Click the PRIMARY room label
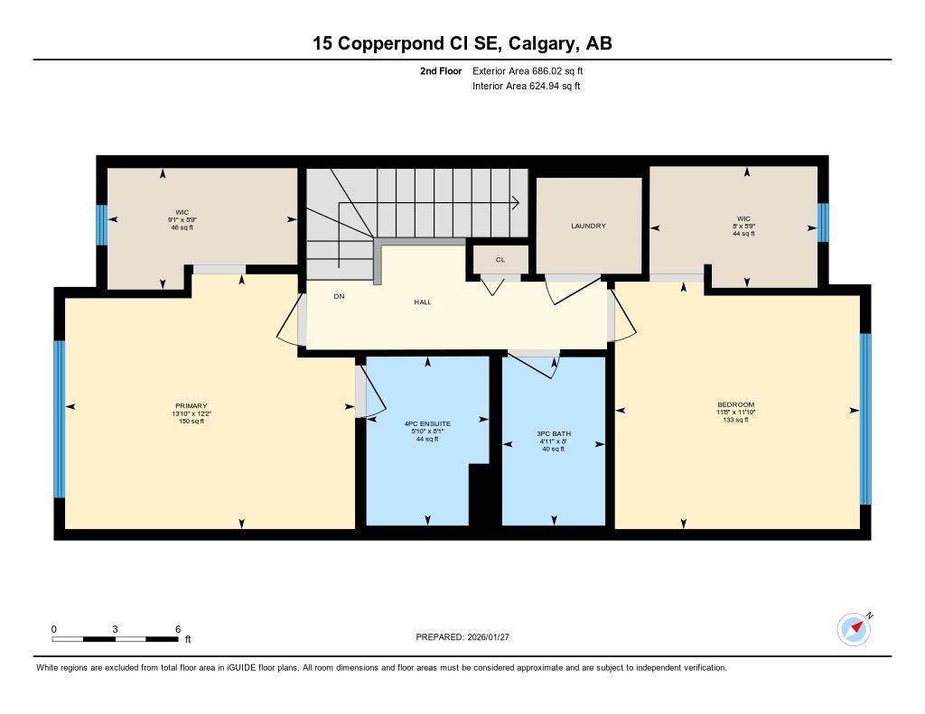click(x=191, y=405)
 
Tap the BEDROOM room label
click(x=735, y=404)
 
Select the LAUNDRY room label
click(x=588, y=226)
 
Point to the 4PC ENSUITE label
click(x=427, y=422)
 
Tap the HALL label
click(x=423, y=301)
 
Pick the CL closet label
click(x=500, y=259)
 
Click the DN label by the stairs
click(x=339, y=296)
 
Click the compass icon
click(x=854, y=628)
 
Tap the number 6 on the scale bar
click(x=178, y=628)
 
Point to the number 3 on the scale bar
click(x=116, y=628)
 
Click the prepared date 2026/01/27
click(x=492, y=636)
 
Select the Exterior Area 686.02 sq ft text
click(x=534, y=70)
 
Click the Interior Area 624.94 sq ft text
click(x=526, y=87)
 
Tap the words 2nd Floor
click(x=441, y=70)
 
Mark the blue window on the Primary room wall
click(x=60, y=419)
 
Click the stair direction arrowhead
click(x=515, y=202)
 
